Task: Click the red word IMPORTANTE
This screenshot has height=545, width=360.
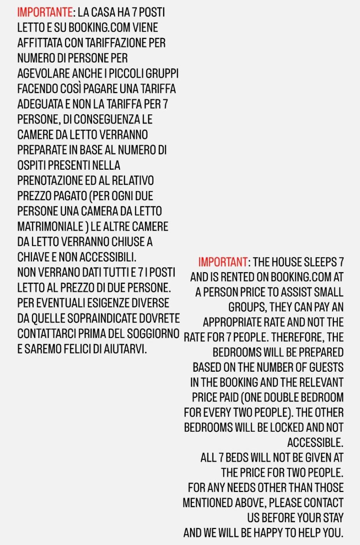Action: (x=45, y=12)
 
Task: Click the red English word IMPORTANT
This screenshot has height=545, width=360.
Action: (x=223, y=262)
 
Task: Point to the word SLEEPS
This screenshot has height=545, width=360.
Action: (x=320, y=262)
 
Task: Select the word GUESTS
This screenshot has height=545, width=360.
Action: (x=326, y=367)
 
